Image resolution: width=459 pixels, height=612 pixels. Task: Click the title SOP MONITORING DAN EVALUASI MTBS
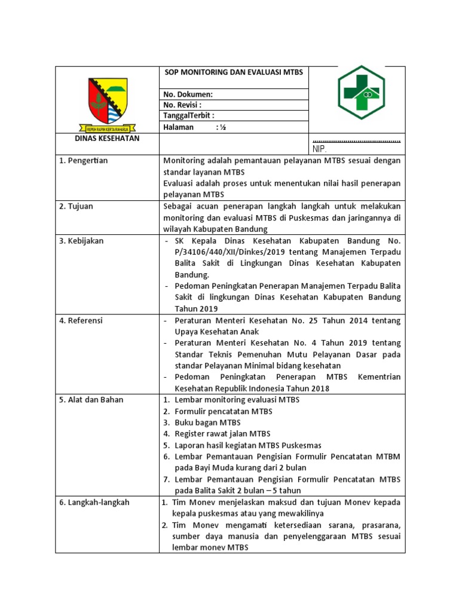pos(234,72)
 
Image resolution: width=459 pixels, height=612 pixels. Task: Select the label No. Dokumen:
pos(188,94)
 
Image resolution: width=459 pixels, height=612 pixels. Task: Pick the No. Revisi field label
pos(186,105)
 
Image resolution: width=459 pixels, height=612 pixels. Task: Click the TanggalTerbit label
pos(189,116)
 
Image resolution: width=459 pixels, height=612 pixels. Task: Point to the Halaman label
pos(179,127)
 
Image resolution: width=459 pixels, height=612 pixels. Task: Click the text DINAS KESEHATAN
pos(107,138)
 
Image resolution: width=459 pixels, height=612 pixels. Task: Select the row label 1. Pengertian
pos(84,161)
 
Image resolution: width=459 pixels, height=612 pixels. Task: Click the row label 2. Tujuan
pos(76,206)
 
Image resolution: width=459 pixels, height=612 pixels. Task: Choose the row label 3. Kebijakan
pos(81,240)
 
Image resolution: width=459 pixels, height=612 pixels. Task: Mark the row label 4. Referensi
pos(81,320)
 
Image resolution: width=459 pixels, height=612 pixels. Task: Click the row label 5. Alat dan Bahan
pos(91,399)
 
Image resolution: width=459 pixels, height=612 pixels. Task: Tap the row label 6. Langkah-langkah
pos(94,502)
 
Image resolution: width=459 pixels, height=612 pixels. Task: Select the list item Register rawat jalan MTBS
pos(222,433)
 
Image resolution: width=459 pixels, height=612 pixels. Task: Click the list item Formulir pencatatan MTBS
pos(223,411)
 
